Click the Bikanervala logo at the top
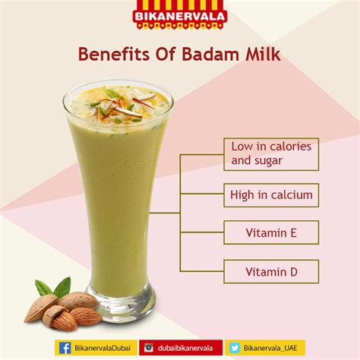pyautogui.click(x=180, y=14)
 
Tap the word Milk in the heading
pyautogui.click(x=263, y=54)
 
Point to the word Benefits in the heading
pyautogui.click(x=114, y=54)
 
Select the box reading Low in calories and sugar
pyautogui.click(x=271, y=154)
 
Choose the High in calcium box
pyautogui.click(x=271, y=195)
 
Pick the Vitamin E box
pyautogui.click(x=271, y=232)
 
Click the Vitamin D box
pyautogui.click(x=271, y=271)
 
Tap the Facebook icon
pyautogui.click(x=65, y=348)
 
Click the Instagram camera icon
pyautogui.click(x=149, y=348)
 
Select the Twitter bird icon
pyautogui.click(x=235, y=348)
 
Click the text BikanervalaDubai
pyautogui.click(x=103, y=348)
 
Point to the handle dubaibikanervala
pyautogui.click(x=185, y=348)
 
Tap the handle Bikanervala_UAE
pyautogui.click(x=270, y=348)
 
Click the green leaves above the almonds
pyautogui.click(x=54, y=288)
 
